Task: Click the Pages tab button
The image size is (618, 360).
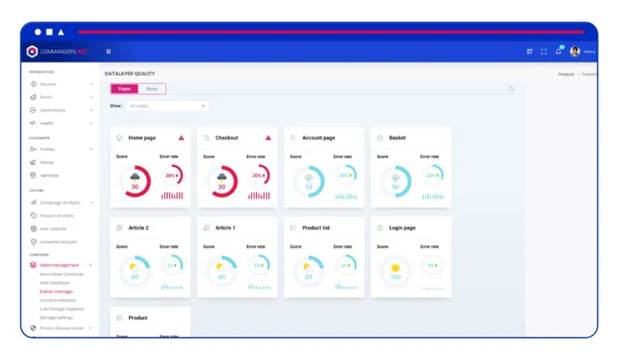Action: pyautogui.click(x=124, y=89)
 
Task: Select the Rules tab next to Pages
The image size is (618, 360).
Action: pyautogui.click(x=152, y=89)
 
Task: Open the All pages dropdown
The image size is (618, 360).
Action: pyautogui.click(x=168, y=106)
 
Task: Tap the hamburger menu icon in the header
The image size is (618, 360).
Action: pyautogui.click(x=108, y=51)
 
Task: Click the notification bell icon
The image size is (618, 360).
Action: pyautogui.click(x=559, y=51)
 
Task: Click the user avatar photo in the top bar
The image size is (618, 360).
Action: pyautogui.click(x=575, y=51)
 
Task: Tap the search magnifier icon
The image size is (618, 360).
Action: pyautogui.click(x=511, y=89)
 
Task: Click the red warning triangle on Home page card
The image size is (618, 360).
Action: pyautogui.click(x=181, y=138)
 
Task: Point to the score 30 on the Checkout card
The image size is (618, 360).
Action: pyautogui.click(x=221, y=187)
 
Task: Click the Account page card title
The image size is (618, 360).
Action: pyautogui.click(x=318, y=138)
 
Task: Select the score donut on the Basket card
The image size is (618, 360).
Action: pyautogui.click(x=395, y=181)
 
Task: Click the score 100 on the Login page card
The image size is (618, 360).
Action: pyautogui.click(x=395, y=277)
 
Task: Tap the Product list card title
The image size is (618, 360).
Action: pyautogui.click(x=316, y=228)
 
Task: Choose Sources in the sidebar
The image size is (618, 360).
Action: pyautogui.click(x=48, y=84)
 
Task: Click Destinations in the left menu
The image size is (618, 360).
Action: pyautogui.click(x=52, y=110)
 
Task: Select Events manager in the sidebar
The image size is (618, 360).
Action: pyautogui.click(x=56, y=291)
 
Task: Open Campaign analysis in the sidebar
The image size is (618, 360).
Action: pyautogui.click(x=59, y=202)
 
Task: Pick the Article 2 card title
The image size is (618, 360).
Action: pyautogui.click(x=138, y=228)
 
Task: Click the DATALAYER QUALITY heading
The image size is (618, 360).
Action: pyautogui.click(x=129, y=74)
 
